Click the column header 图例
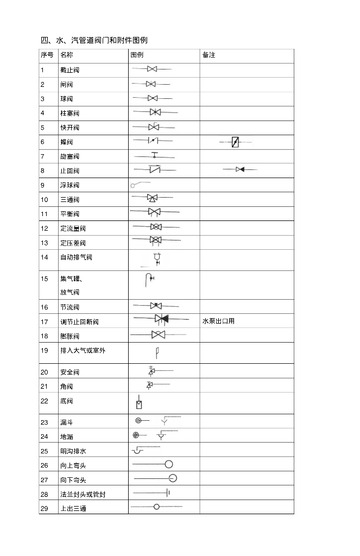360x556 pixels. pyautogui.click(x=137, y=55)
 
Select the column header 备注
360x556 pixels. pyautogui.click(x=209, y=55)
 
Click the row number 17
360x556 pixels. pyautogui.click(x=45, y=321)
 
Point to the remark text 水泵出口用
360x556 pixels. pyautogui.click(x=218, y=321)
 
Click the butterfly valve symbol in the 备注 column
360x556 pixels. pyautogui.click(x=235, y=142)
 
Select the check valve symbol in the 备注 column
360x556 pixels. pyautogui.click(x=240, y=169)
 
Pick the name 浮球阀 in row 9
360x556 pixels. pyautogui.click(x=70, y=185)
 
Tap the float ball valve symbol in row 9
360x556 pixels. pyautogui.click(x=139, y=185)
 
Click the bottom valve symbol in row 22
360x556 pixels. pyautogui.click(x=139, y=403)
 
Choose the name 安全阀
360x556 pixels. pyautogui.click(x=70, y=372)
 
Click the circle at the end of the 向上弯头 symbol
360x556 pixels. pyautogui.click(x=169, y=464)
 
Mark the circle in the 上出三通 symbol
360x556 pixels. pyautogui.click(x=156, y=507)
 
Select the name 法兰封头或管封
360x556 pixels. pyautogui.click(x=83, y=494)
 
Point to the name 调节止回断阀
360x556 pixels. pyautogui.click(x=79, y=321)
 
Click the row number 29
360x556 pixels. pyautogui.click(x=45, y=508)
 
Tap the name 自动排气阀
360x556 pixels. pyautogui.click(x=76, y=257)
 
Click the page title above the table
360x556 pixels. pyautogui.click(x=94, y=41)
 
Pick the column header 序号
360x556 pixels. pyautogui.click(x=47, y=55)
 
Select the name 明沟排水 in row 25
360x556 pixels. pyautogui.click(x=73, y=451)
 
